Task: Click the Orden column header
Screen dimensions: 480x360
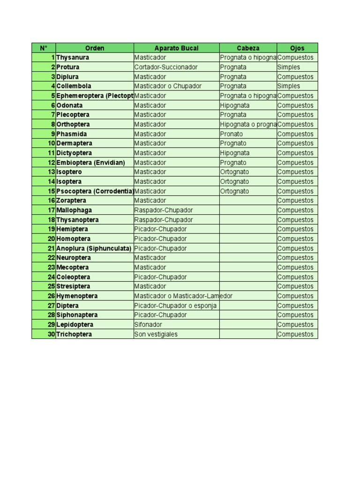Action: pyautogui.click(x=95, y=48)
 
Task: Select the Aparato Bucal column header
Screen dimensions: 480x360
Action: pyautogui.click(x=176, y=48)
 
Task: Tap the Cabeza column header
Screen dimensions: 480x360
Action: pyautogui.click(x=248, y=48)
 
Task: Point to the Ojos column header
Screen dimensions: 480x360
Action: pyautogui.click(x=297, y=48)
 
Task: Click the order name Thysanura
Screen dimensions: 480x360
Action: pyautogui.click(x=73, y=58)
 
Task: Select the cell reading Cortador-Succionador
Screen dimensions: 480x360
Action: pyautogui.click(x=166, y=67)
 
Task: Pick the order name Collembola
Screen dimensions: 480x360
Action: pyautogui.click(x=74, y=86)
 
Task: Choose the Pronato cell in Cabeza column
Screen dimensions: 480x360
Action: pyautogui.click(x=232, y=134)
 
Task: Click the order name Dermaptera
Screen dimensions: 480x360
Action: pyautogui.click(x=74, y=143)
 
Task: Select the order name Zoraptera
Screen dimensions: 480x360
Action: pyautogui.click(x=71, y=201)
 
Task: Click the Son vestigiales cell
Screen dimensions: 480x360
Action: pyautogui.click(x=156, y=334)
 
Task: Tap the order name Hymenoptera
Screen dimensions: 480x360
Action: pyautogui.click(x=77, y=296)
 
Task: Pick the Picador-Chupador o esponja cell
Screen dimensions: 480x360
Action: pyautogui.click(x=175, y=306)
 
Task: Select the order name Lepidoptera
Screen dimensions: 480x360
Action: pyautogui.click(x=75, y=324)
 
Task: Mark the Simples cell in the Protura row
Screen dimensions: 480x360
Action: pyautogui.click(x=289, y=67)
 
